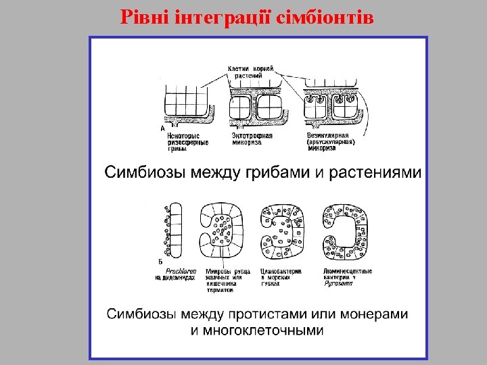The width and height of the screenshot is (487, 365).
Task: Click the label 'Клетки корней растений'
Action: tap(250, 72)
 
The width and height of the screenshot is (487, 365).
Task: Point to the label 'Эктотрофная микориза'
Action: tap(252, 139)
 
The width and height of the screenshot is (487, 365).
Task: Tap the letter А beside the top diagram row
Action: tap(163, 127)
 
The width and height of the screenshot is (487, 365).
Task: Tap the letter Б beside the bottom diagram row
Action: tap(159, 262)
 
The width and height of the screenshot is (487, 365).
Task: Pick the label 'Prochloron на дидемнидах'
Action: tap(177, 274)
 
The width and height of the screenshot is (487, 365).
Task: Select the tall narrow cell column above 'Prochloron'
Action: tap(174, 230)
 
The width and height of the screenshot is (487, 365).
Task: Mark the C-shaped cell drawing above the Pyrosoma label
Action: tap(348, 230)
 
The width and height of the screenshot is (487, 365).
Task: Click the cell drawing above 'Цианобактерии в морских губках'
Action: tap(283, 230)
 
